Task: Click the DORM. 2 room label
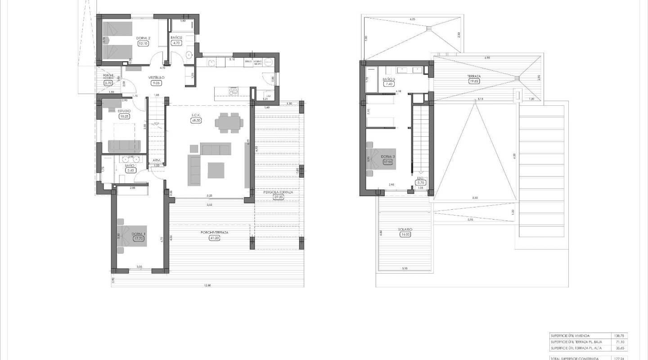tap(144, 38)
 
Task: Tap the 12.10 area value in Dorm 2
tap(143, 44)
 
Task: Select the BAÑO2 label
tap(176, 38)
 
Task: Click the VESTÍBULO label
tap(157, 77)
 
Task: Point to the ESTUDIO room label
tap(124, 111)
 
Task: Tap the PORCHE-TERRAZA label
tap(214, 232)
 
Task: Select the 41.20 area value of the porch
tap(214, 238)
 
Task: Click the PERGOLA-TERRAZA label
tap(278, 192)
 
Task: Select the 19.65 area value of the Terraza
tap(474, 81)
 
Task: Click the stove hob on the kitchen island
tap(234, 92)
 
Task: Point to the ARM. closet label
tap(157, 160)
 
